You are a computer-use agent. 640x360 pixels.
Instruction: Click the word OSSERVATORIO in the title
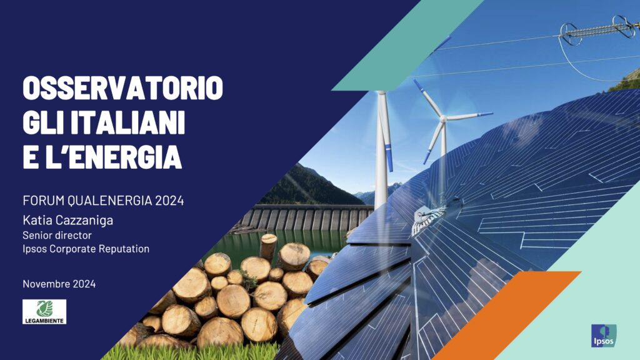click(123, 87)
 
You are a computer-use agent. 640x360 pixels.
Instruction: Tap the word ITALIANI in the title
click(127, 122)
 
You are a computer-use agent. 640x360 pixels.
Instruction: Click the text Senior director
click(57, 236)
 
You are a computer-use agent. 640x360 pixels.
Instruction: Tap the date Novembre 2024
click(59, 284)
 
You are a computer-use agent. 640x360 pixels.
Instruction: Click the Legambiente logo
click(44, 312)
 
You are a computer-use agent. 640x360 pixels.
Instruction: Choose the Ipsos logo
click(604, 336)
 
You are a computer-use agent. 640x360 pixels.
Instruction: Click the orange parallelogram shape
click(506, 315)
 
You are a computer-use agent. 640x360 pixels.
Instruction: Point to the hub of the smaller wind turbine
click(443, 119)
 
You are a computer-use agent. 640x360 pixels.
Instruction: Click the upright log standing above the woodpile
click(268, 247)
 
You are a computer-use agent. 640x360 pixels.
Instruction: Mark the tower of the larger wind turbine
click(381, 151)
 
